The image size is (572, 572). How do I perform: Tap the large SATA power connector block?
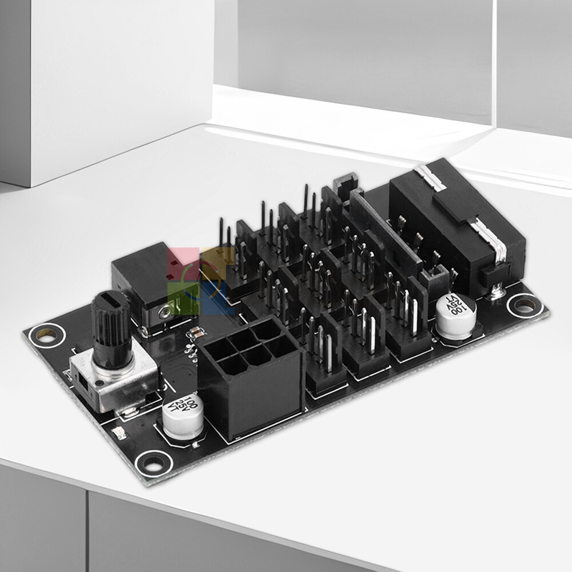point(458,229)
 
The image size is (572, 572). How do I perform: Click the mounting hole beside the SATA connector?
point(524,304)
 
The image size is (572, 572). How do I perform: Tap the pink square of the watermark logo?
point(178,261)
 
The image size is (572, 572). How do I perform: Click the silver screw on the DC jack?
point(166,312)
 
